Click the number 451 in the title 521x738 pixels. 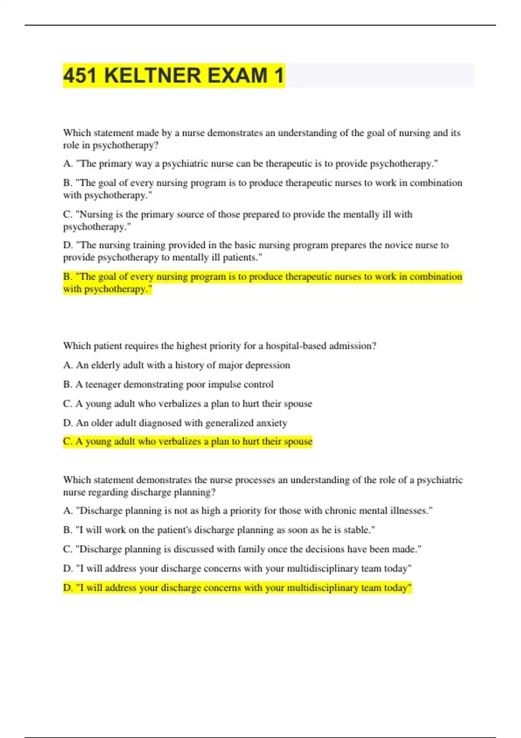coord(80,76)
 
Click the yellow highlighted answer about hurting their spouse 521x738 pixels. coord(188,441)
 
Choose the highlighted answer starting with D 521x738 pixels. coord(237,588)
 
